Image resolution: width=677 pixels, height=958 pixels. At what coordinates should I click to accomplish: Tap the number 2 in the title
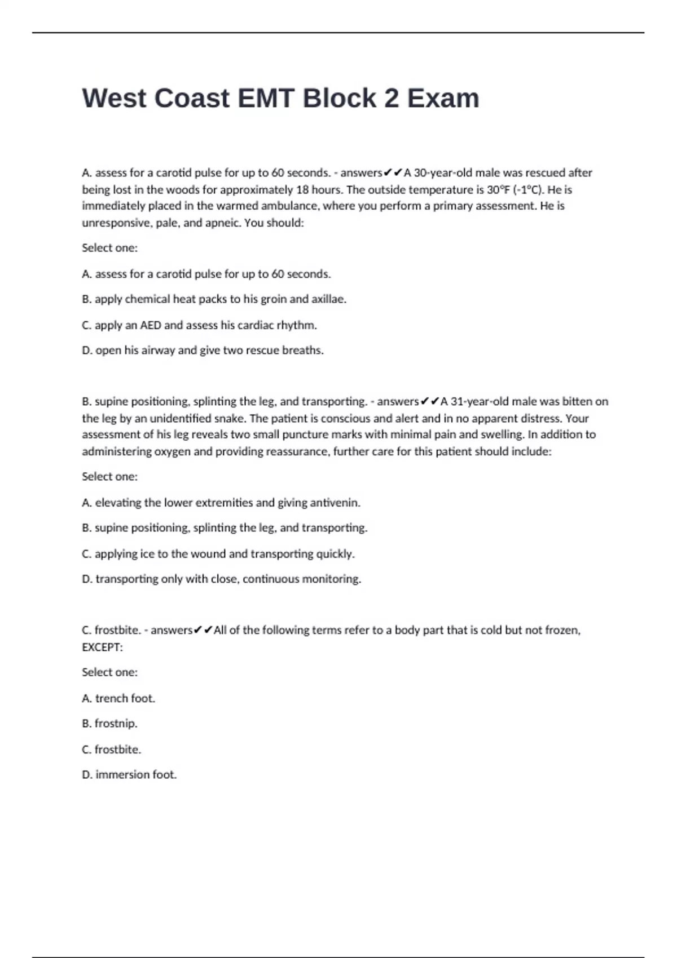click(x=391, y=98)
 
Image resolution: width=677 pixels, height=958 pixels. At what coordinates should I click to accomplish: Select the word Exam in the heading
click(x=443, y=98)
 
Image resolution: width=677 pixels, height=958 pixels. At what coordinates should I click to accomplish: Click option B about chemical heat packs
click(x=214, y=299)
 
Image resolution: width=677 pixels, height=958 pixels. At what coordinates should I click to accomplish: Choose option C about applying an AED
click(x=199, y=325)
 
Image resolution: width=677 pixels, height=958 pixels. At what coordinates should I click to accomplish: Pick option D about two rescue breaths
click(x=203, y=351)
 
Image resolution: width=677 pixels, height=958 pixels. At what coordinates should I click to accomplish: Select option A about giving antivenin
click(x=221, y=503)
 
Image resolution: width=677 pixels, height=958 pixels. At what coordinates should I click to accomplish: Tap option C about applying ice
click(x=218, y=554)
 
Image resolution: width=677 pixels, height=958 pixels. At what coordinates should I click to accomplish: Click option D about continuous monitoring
click(x=221, y=579)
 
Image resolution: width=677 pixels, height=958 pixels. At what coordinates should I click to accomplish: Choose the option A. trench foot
click(x=118, y=698)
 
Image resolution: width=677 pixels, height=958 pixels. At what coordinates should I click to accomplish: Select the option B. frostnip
click(x=109, y=724)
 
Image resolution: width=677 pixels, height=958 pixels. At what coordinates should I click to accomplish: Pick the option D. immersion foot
click(x=129, y=775)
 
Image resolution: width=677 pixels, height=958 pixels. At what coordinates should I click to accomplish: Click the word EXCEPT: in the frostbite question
click(x=102, y=647)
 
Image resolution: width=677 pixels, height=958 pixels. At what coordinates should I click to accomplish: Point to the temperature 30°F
click(x=498, y=189)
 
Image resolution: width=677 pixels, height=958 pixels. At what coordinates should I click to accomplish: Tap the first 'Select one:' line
click(x=109, y=248)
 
